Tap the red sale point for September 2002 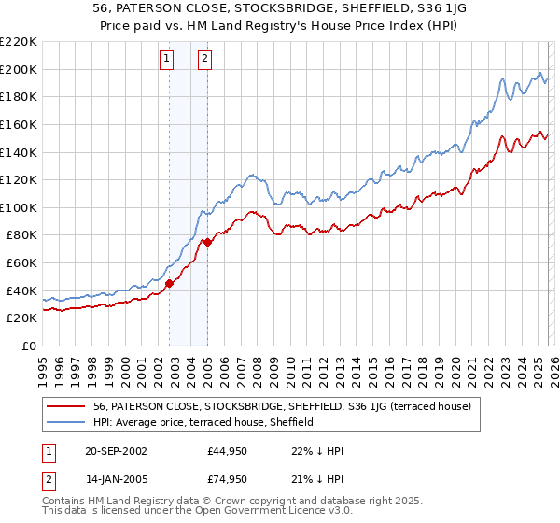pos(169,283)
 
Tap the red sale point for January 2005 pos(207,242)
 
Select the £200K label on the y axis pos(20,69)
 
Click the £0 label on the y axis pos(28,346)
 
